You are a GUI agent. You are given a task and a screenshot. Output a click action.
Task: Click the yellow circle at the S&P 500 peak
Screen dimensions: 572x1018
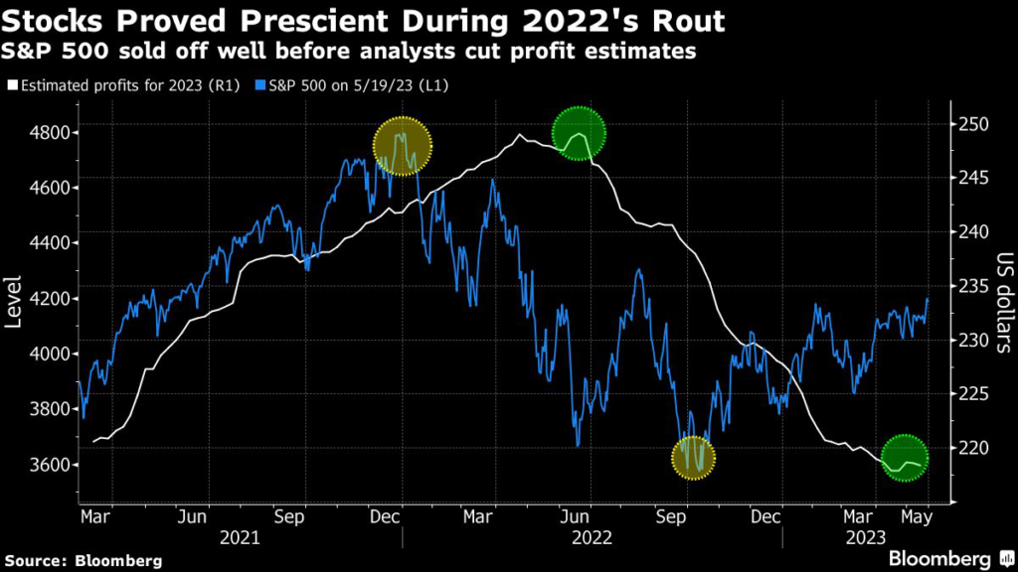click(x=403, y=146)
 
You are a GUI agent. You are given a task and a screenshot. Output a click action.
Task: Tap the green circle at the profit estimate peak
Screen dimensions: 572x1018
click(x=580, y=133)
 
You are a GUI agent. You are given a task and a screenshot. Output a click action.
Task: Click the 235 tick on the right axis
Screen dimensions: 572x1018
click(x=972, y=286)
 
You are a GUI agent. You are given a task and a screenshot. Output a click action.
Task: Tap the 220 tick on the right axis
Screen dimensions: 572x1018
click(x=972, y=448)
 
